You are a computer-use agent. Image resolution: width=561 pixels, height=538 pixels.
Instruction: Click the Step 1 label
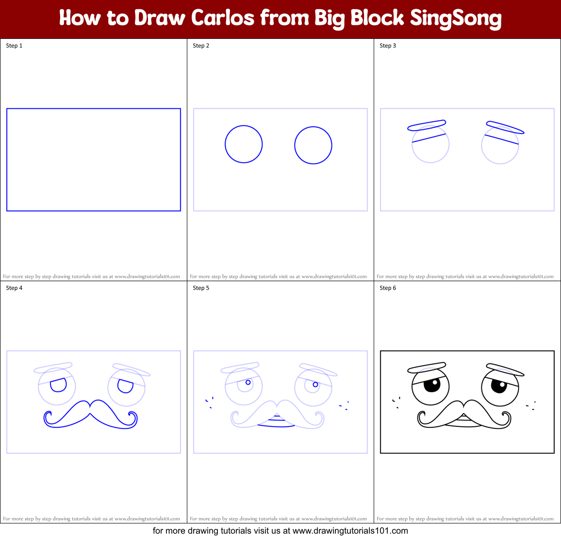point(14,46)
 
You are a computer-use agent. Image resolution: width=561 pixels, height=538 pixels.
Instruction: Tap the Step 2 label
point(201,46)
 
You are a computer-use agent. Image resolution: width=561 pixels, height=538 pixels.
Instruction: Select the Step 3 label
point(388,46)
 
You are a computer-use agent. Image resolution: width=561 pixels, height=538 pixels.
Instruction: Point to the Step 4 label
point(14,288)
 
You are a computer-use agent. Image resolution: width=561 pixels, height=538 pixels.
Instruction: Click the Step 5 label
point(201,288)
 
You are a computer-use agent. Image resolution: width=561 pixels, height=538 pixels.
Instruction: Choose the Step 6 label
point(388,288)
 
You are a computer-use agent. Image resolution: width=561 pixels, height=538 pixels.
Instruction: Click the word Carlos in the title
point(223,18)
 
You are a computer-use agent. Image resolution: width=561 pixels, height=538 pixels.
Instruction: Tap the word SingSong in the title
point(456,19)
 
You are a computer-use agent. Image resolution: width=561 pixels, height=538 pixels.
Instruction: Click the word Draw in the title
point(160,18)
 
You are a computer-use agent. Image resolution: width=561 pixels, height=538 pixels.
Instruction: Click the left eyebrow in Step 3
point(427,125)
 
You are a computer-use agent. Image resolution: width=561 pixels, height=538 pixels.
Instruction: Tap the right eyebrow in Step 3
point(505,127)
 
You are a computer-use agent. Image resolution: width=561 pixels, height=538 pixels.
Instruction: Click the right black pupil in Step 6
point(499,386)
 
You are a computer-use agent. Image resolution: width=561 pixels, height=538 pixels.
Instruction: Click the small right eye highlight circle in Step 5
point(315,385)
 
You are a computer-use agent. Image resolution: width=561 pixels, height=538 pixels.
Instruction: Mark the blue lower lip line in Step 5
point(276,426)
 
